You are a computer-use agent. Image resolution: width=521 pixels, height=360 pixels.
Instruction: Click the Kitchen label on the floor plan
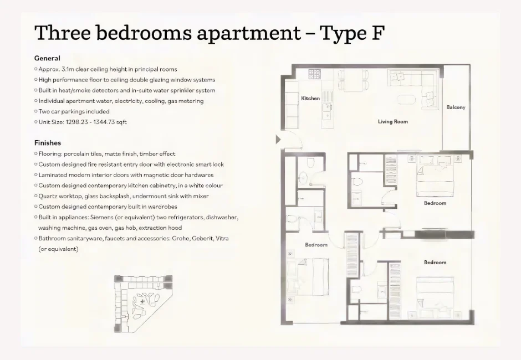(310, 99)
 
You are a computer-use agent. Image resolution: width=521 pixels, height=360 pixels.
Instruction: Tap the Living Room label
(393, 122)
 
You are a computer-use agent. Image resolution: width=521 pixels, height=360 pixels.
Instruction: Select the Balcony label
(456, 107)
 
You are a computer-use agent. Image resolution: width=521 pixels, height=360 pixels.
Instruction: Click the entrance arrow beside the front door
(278, 140)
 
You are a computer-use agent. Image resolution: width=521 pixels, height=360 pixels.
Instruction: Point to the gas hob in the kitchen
(315, 73)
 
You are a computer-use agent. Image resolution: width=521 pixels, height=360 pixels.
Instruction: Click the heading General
(47, 58)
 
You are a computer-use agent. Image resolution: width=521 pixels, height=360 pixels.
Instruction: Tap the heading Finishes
(48, 143)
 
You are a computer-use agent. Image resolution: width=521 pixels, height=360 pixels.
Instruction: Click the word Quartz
(48, 196)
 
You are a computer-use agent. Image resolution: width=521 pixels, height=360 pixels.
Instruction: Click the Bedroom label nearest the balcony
(435, 203)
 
